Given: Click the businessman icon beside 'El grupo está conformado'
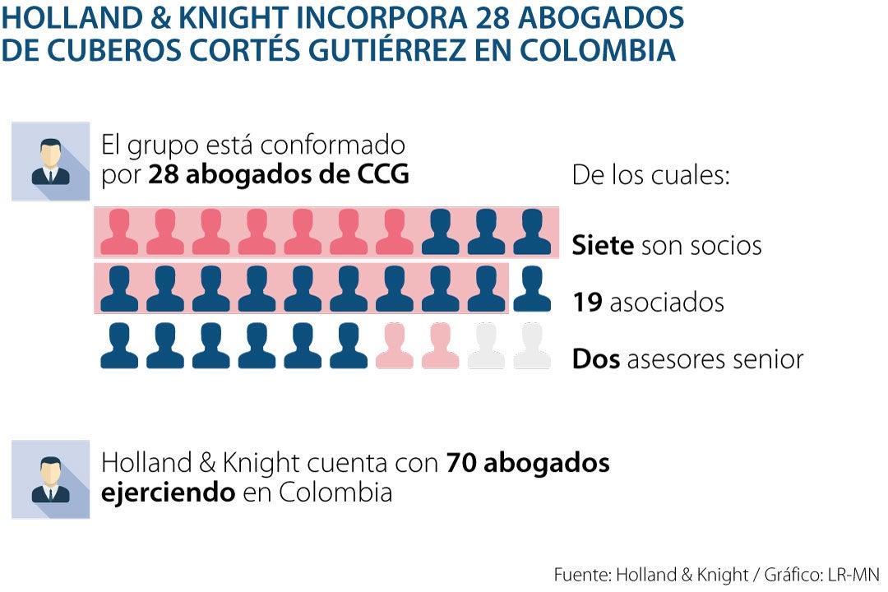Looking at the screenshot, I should pos(50,161).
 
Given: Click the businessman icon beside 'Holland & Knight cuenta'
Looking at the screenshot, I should pos(50,479).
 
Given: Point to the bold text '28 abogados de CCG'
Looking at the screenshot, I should pos(279,174).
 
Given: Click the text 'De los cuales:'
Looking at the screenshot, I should pos(650,175).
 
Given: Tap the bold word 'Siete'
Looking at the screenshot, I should pos(603,245).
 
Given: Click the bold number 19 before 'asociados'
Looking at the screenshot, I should pos(588,303).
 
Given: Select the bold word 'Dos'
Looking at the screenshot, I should pos(596,359).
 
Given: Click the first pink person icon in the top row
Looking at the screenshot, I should pos(119,232).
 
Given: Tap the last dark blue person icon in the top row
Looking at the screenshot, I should pos(532,232).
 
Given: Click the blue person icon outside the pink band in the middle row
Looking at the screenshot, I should pos(532,289).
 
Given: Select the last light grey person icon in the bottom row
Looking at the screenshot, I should pos(532,345).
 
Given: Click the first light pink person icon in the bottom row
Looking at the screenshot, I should pos(394,345).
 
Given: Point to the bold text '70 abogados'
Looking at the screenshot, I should pos(528,463).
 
